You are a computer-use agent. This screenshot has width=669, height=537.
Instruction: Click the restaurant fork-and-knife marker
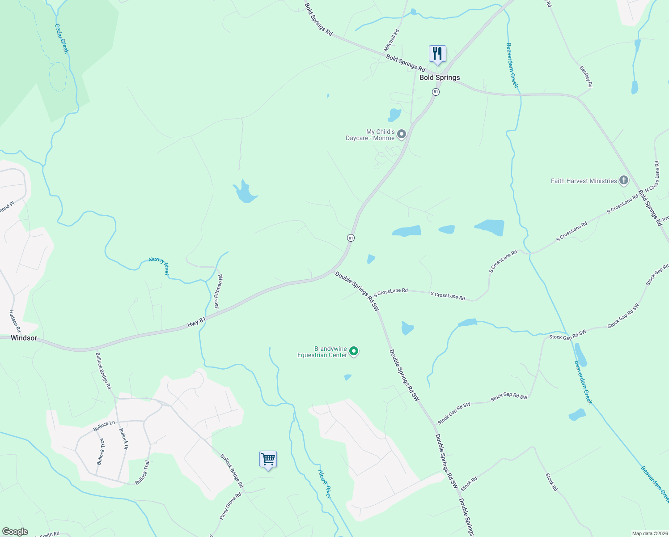[x=437, y=54]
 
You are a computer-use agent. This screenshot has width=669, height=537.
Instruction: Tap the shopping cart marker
[x=268, y=459]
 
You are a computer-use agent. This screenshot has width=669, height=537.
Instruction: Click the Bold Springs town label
[x=440, y=77]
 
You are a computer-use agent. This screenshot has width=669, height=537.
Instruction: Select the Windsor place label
[x=24, y=338]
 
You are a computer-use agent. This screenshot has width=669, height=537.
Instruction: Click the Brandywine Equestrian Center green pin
[x=354, y=351]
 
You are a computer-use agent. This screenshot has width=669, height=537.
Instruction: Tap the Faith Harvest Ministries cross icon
[x=623, y=181]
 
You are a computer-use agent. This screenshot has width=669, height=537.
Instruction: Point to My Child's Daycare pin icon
[x=402, y=134]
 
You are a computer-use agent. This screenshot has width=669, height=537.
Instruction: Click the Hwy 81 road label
[x=196, y=322]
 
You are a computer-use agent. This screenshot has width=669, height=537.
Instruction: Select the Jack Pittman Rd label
[x=218, y=292]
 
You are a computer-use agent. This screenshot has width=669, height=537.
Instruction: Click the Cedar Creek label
[x=62, y=38]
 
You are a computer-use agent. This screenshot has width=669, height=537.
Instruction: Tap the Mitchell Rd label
[x=391, y=40]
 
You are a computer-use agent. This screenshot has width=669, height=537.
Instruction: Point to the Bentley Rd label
[x=586, y=77]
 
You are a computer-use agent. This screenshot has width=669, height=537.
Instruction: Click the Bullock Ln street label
[x=104, y=426]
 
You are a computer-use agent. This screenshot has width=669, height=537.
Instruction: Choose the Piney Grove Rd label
[x=230, y=506]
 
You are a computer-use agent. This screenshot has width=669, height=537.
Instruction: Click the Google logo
[x=15, y=532]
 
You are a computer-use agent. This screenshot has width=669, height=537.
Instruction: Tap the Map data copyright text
[x=650, y=533]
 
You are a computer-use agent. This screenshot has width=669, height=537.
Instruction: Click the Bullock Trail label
[x=142, y=473]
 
